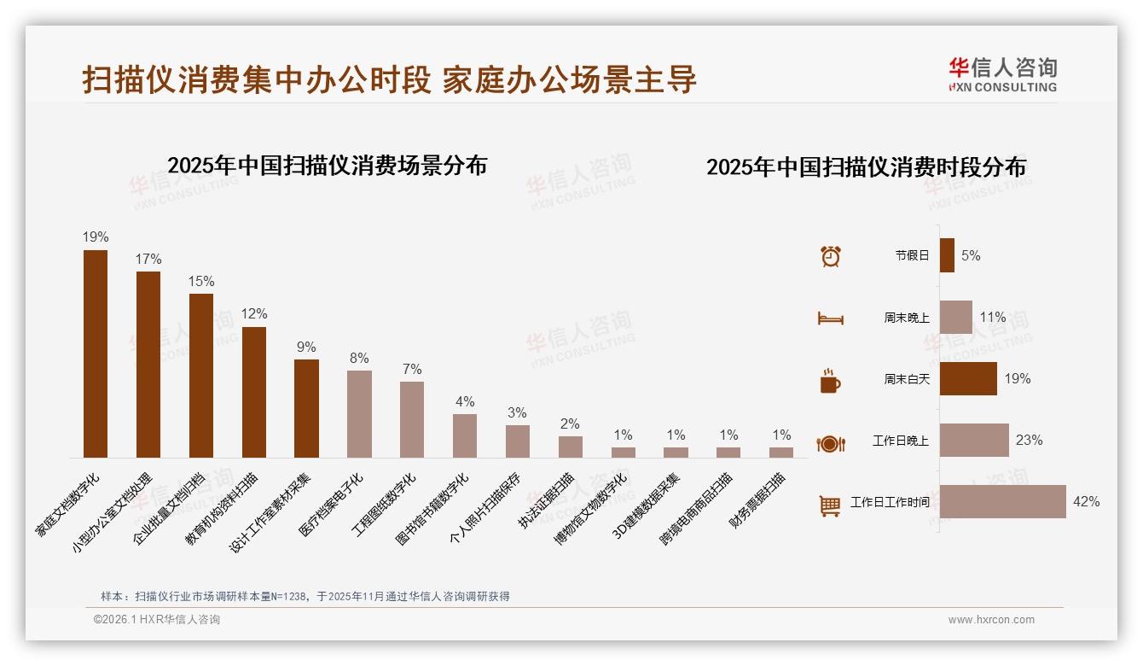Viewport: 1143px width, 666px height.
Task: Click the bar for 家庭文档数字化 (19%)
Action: coord(96,353)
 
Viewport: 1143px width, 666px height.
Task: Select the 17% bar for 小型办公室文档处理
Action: coord(148,365)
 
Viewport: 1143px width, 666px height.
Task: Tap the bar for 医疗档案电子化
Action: coord(359,414)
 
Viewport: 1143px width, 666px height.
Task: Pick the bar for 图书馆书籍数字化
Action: coord(465,435)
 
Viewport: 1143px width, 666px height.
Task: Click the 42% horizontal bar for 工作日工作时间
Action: coord(1002,501)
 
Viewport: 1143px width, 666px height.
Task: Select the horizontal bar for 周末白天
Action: coord(968,378)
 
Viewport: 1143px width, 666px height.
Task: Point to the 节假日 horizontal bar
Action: coord(947,255)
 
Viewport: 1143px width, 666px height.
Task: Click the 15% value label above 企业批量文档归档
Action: coord(201,282)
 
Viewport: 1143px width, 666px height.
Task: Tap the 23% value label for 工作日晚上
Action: coord(1029,441)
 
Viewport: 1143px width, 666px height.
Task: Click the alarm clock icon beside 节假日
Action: coord(830,256)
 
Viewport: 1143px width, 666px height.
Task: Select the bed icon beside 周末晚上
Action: coord(830,318)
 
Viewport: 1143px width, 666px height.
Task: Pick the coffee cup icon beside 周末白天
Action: coord(830,381)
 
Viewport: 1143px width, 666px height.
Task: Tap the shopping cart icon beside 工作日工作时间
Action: coord(830,505)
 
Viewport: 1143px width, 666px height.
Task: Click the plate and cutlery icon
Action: coord(830,443)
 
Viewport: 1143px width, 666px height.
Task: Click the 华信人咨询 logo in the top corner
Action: coord(1002,74)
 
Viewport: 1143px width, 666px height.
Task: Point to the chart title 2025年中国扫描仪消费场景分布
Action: coord(327,165)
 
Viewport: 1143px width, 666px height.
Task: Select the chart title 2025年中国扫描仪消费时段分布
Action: coord(866,166)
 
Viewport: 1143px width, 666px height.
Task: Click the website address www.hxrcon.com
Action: coord(991,620)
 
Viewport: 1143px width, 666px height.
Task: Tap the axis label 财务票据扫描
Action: coord(758,499)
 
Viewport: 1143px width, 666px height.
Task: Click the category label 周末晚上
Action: coord(906,318)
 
